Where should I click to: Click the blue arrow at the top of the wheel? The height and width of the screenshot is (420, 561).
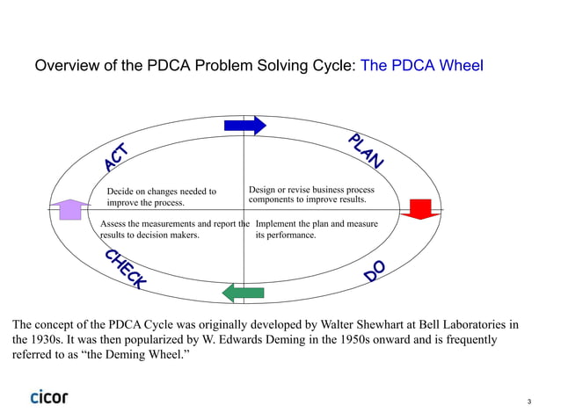click(x=244, y=126)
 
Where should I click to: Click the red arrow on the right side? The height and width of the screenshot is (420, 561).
click(x=421, y=209)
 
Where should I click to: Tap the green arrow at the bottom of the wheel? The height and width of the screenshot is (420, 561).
click(x=243, y=292)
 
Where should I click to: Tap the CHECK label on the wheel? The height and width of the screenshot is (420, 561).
click(x=125, y=269)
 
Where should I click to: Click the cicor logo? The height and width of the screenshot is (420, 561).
click(x=48, y=396)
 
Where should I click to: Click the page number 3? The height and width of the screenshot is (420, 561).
click(x=529, y=402)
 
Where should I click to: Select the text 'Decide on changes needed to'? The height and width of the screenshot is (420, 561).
click(x=161, y=192)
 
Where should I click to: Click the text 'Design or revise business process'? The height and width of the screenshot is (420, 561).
click(x=311, y=190)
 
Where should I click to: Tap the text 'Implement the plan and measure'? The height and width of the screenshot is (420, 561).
click(x=317, y=224)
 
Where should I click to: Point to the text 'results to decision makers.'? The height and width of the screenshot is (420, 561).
click(x=149, y=235)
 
